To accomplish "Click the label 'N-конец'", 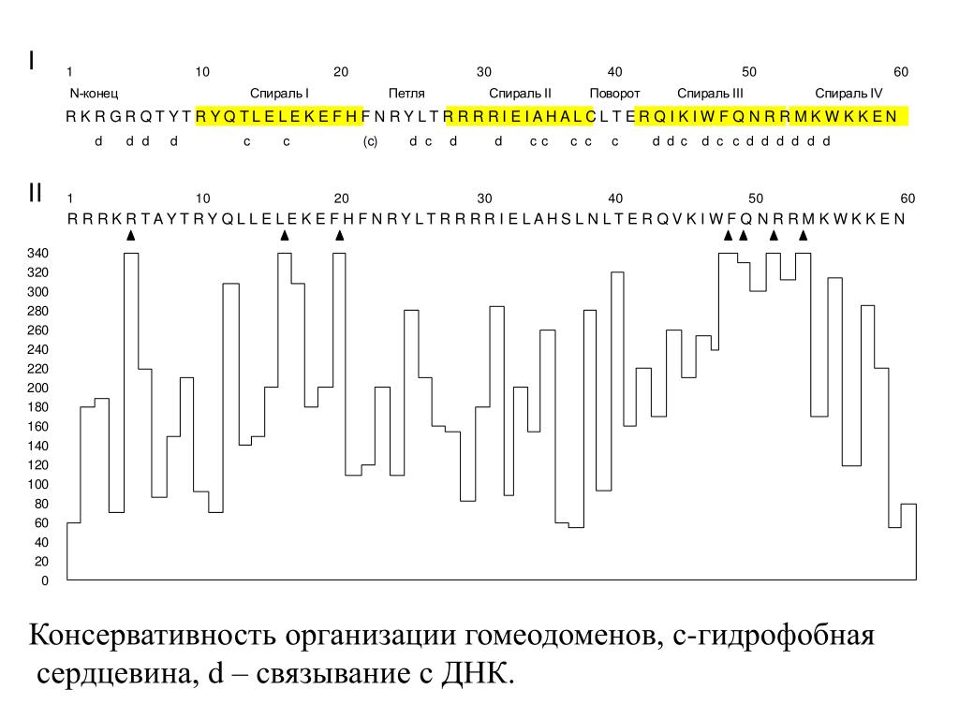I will (94, 94).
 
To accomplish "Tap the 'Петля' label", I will (406, 94).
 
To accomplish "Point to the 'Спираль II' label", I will (521, 94).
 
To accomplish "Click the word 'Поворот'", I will (614, 94).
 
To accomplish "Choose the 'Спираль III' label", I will (710, 94).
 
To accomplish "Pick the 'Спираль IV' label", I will (848, 94).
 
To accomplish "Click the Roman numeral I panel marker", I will (32, 61).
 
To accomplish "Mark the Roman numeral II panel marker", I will (35, 194).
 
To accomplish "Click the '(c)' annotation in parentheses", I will (370, 141).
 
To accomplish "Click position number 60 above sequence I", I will (901, 72).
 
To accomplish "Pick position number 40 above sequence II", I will (614, 198).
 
